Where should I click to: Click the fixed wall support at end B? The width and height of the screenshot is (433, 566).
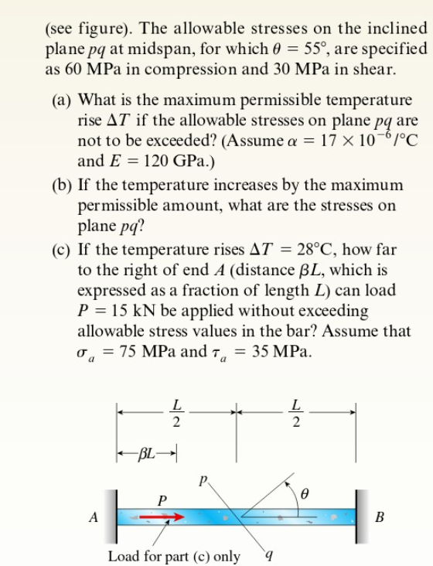click(358, 517)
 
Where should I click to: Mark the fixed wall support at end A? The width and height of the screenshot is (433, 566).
click(116, 517)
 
